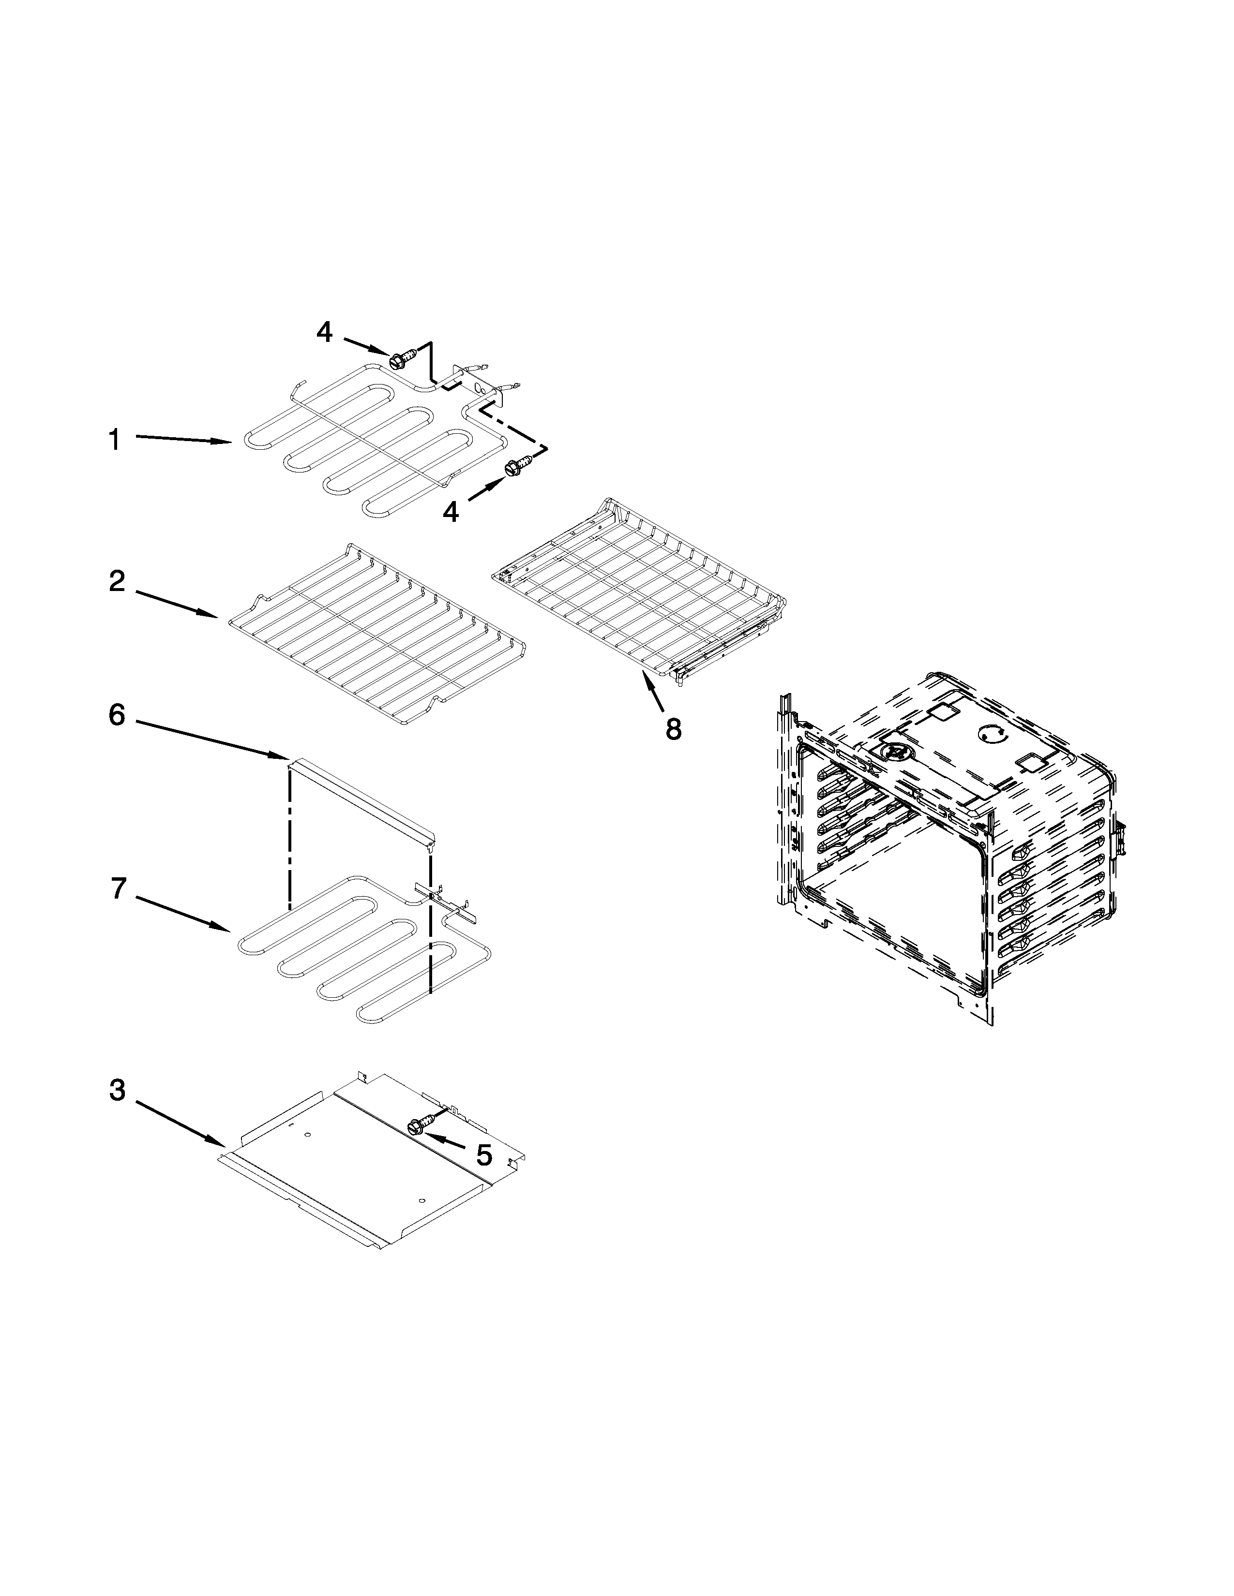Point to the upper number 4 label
click(x=325, y=333)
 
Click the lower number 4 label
click(x=451, y=512)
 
